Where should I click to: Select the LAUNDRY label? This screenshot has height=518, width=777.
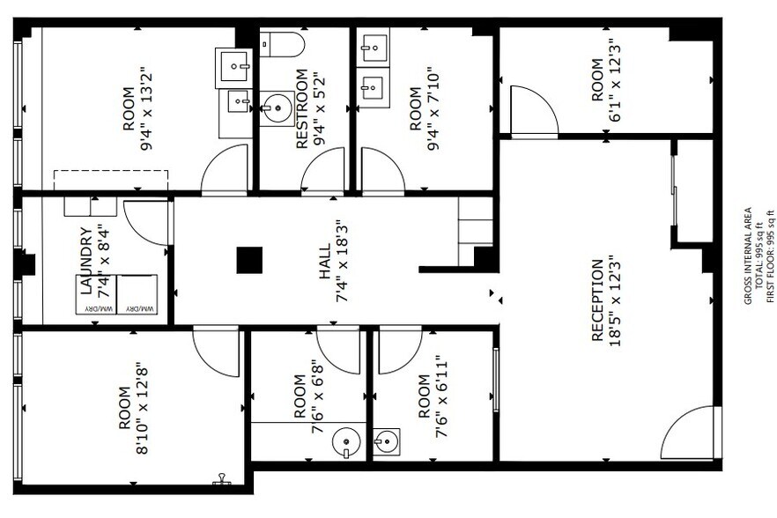(x=85, y=261)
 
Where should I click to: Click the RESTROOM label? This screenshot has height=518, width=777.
(x=301, y=108)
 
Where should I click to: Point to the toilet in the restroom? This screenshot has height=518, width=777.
(x=281, y=43)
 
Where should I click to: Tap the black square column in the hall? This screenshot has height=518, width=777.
(x=249, y=261)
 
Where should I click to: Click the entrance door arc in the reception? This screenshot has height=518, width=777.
(x=692, y=434)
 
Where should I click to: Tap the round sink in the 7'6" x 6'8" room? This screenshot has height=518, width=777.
(x=346, y=440)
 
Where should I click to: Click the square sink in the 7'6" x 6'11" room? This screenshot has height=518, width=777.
(x=386, y=440)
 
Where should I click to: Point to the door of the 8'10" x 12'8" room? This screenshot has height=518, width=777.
(x=216, y=350)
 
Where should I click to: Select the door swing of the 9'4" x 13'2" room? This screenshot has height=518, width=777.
(x=225, y=170)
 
